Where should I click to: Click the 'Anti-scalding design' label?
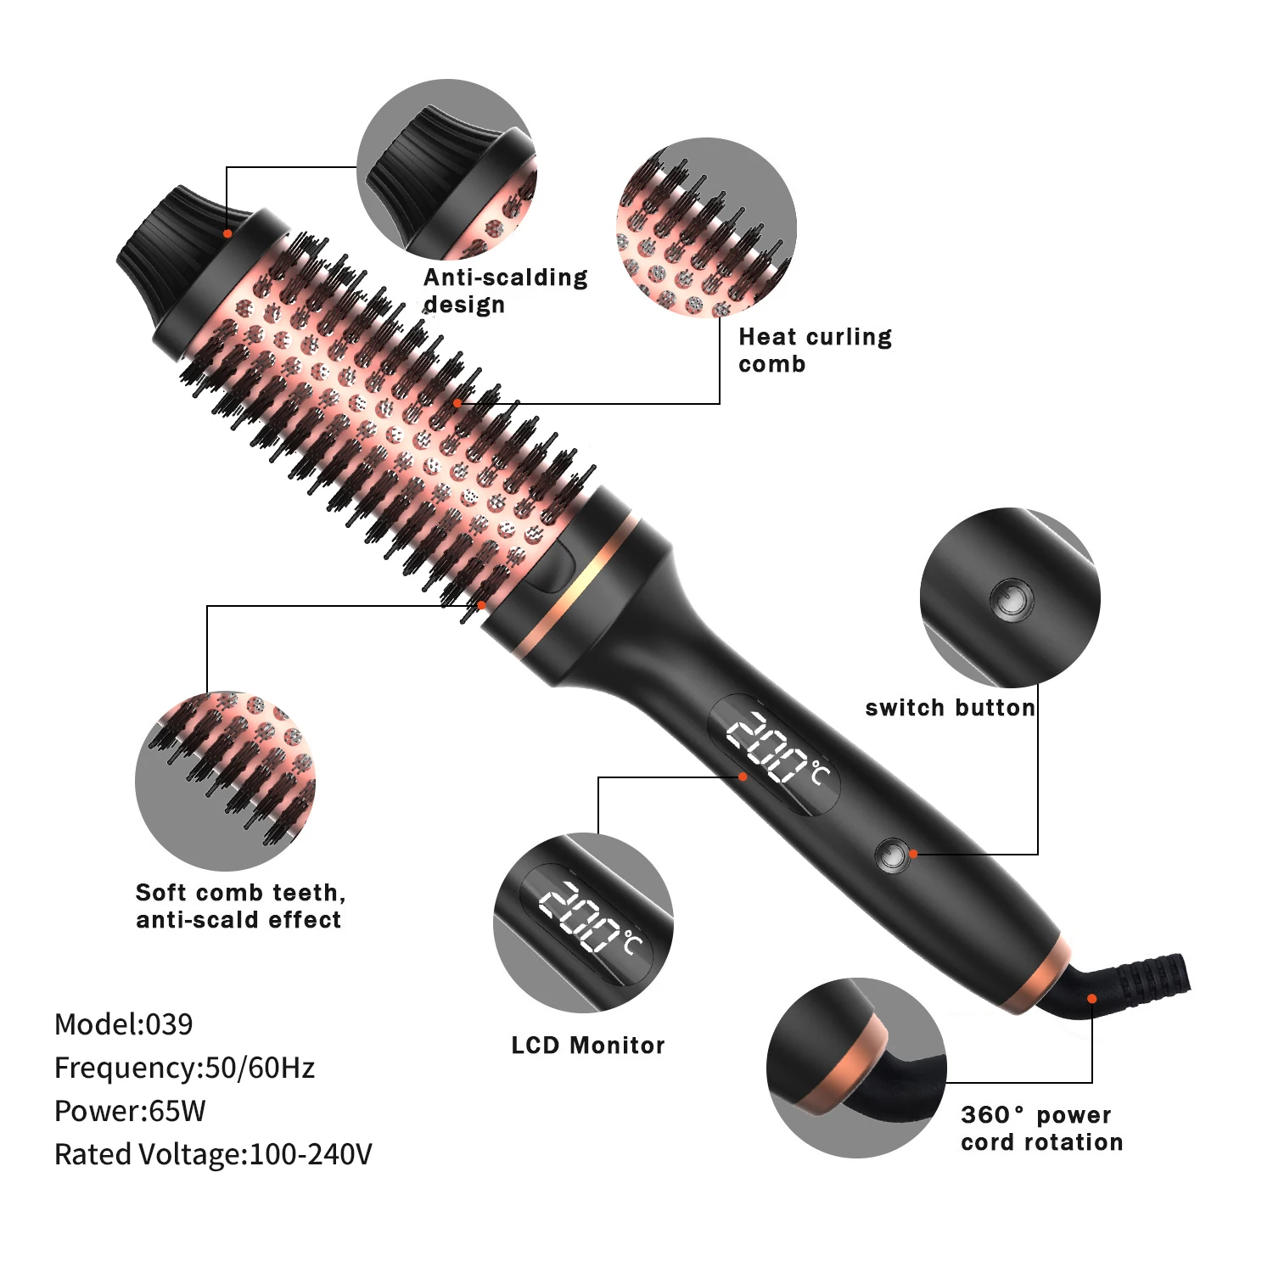pyautogui.click(x=506, y=291)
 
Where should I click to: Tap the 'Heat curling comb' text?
pyautogui.click(x=816, y=350)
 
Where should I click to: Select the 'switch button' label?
pyautogui.click(x=950, y=708)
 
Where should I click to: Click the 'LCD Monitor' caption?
pyautogui.click(x=588, y=1046)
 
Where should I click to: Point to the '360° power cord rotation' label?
pyautogui.click(x=1042, y=1128)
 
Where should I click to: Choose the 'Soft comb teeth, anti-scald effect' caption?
pyautogui.click(x=241, y=906)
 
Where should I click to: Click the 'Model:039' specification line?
pyautogui.click(x=124, y=1024)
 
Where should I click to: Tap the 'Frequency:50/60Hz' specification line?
pyautogui.click(x=184, y=1068)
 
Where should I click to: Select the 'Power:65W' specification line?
pyautogui.click(x=130, y=1111)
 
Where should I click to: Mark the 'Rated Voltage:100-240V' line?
pyautogui.click(x=213, y=1154)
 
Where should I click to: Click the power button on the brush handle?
pyautogui.click(x=891, y=855)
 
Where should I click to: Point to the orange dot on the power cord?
pyautogui.click(x=1092, y=998)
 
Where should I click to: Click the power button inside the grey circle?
pyautogui.click(x=1011, y=599)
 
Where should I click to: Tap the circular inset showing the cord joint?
pyautogui.click(x=856, y=1068)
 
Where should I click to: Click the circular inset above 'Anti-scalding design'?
pyautogui.click(x=447, y=170)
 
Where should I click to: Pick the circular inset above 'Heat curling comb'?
pyautogui.click(x=707, y=227)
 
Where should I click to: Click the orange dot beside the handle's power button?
pyautogui.click(x=913, y=854)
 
